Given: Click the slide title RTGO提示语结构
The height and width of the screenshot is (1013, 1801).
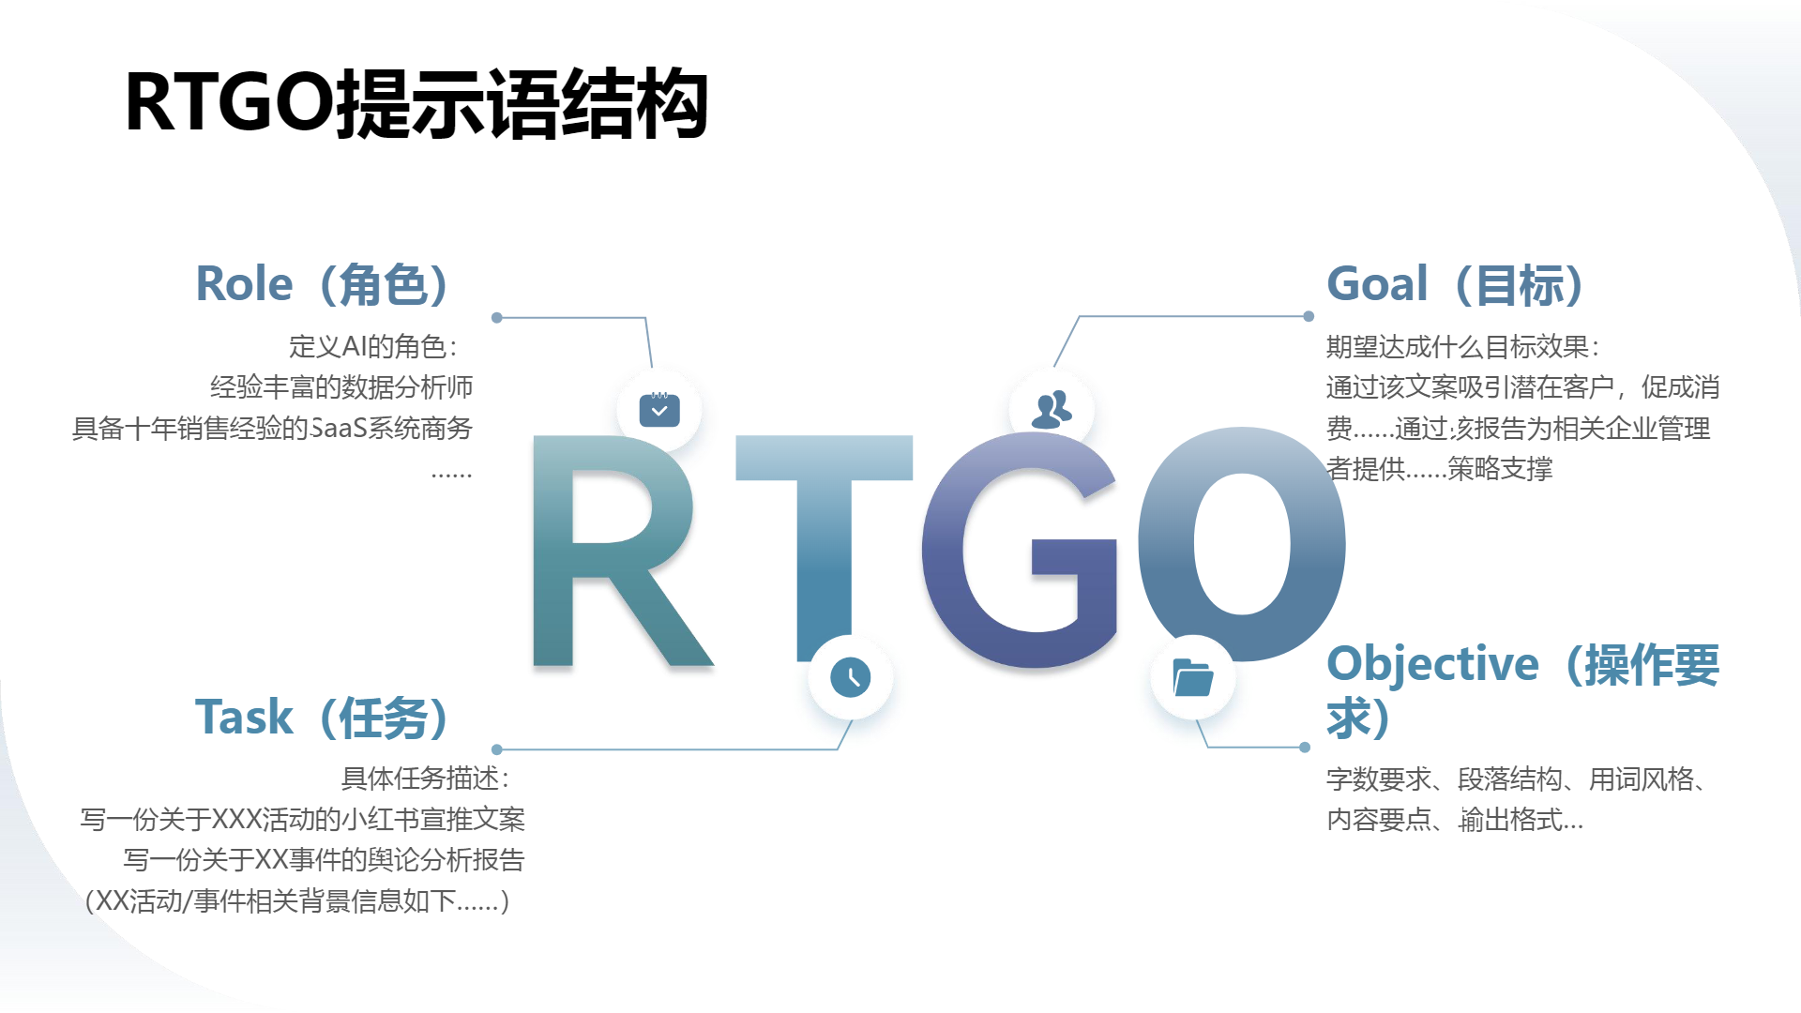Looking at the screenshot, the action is click(416, 103).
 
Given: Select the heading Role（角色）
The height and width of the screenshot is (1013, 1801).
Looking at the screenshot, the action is click(322, 284).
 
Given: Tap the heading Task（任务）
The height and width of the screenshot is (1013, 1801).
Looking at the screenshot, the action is click(322, 718).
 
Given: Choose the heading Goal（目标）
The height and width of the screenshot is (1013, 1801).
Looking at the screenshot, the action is click(1455, 284).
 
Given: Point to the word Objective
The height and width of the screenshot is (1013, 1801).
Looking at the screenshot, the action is click(1432, 663).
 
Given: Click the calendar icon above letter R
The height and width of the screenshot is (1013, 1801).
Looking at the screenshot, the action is click(659, 410).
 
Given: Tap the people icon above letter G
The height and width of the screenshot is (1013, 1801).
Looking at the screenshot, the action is click(1052, 410).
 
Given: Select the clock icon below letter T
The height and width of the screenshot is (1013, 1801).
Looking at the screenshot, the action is click(851, 677).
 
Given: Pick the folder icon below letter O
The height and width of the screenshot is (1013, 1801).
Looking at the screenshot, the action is click(1193, 677).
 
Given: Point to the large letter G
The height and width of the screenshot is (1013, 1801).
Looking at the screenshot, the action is click(1020, 550).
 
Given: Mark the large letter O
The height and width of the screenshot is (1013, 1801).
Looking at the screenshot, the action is click(1242, 544).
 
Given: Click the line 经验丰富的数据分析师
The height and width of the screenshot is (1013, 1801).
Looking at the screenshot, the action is click(341, 387).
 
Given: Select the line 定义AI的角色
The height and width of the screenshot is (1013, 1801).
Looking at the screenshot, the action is click(373, 347).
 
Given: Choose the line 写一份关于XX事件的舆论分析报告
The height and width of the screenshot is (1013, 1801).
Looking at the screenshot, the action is click(324, 860).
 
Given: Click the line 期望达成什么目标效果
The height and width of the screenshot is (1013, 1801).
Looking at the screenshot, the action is click(1463, 347).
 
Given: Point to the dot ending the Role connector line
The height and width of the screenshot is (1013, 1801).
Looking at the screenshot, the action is click(497, 318).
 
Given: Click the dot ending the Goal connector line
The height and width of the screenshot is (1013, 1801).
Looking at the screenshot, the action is click(1309, 317).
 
